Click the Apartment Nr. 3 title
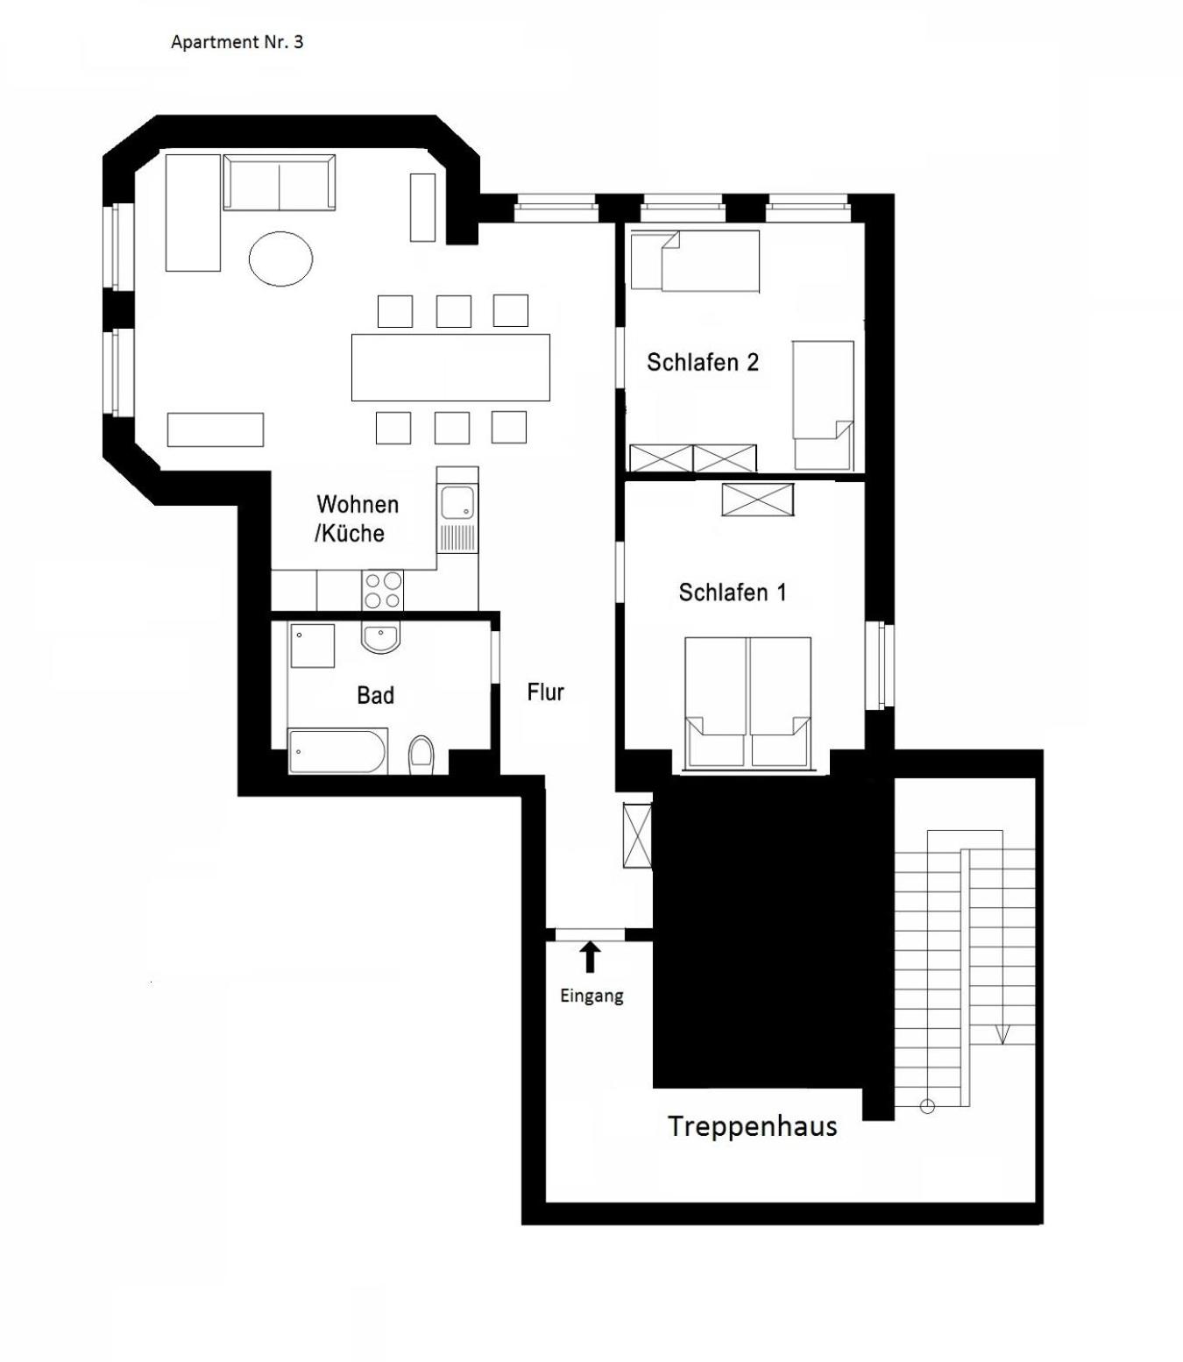[237, 42]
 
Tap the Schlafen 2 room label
[703, 362]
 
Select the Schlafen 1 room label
[733, 592]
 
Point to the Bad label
[375, 695]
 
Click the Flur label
[546, 692]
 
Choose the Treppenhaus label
[753, 1126]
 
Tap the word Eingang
[591, 996]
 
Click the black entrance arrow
[590, 956]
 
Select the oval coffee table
[280, 259]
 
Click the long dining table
[450, 367]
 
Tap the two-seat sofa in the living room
[280, 182]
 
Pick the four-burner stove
[383, 590]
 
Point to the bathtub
[337, 752]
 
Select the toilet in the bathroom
[421, 755]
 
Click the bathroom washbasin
[380, 638]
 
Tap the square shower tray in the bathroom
[312, 645]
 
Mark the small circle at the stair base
[927, 1106]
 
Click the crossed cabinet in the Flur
[637, 835]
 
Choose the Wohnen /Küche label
[357, 519]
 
